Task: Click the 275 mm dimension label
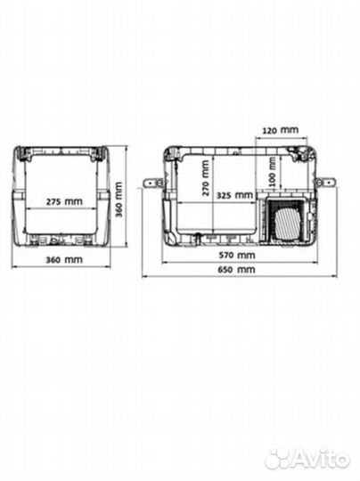tap(64, 201)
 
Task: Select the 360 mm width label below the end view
tap(64, 259)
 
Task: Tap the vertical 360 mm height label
tap(119, 200)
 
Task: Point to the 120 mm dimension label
tap(280, 130)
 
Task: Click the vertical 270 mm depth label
tap(205, 178)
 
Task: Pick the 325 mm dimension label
tap(234, 195)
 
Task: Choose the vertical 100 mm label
tap(272, 172)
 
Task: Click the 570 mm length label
tap(237, 255)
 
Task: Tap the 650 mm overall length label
tap(237, 269)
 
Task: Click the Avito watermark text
tap(322, 460)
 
